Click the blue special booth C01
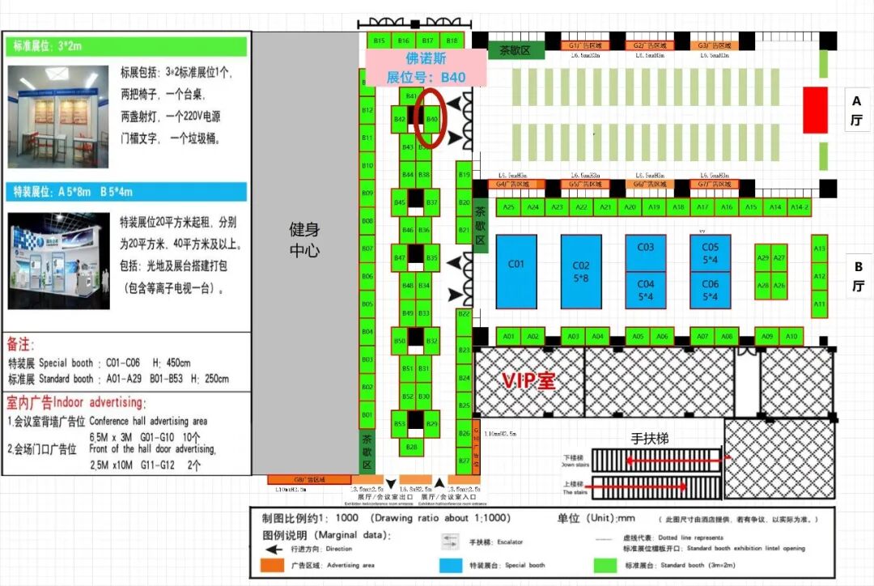pos(516,271)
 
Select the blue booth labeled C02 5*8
pos(581,271)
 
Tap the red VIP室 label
pos(529,380)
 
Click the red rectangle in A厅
pos(814,110)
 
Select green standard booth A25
pos(508,208)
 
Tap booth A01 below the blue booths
pos(508,336)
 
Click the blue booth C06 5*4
pos(710,290)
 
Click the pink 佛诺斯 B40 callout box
pos(426,68)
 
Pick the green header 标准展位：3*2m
pos(127,46)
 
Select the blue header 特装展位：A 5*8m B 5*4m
pos(127,192)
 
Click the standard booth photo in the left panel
pos(58,117)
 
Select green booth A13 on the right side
pos(819,249)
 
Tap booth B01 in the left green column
pos(367,415)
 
